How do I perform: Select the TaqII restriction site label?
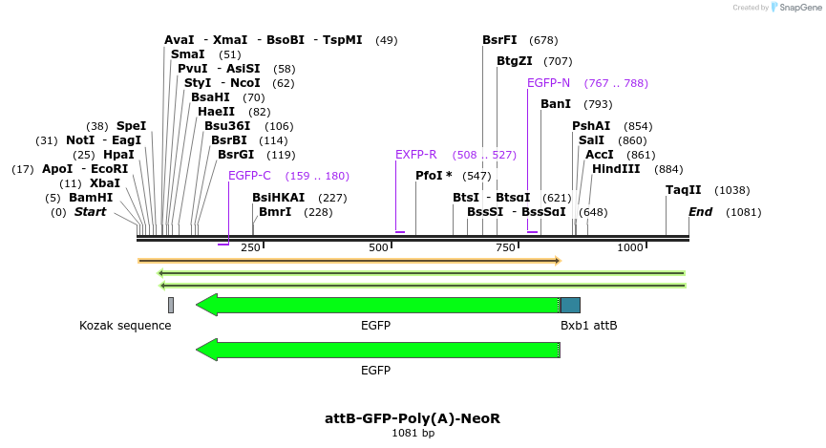(684, 190)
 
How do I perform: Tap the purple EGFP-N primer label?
(548, 83)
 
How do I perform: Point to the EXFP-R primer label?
(415, 155)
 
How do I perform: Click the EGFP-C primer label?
(249, 176)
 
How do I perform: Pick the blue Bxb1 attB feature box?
(570, 305)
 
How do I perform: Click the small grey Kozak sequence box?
(171, 305)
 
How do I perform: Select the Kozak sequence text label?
(125, 326)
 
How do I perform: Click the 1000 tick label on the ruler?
(630, 248)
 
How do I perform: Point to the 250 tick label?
(251, 248)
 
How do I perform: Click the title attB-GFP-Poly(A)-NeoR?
(413, 418)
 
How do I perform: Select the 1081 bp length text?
(413, 434)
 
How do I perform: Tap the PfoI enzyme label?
(434, 176)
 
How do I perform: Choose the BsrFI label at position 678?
(499, 40)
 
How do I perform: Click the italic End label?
(701, 212)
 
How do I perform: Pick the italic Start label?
(91, 212)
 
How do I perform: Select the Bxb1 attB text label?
(588, 326)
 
